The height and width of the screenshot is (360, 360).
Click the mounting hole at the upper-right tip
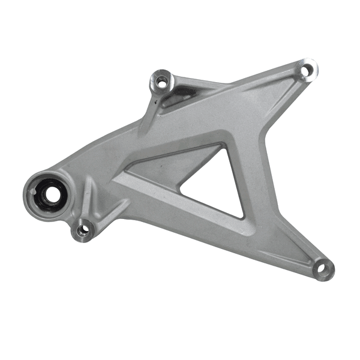tap(306, 71)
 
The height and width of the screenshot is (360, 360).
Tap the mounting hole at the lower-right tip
tap(324, 269)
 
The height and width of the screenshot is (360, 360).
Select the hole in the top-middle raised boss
tap(161, 80)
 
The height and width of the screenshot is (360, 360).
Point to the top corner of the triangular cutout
tap(224, 146)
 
